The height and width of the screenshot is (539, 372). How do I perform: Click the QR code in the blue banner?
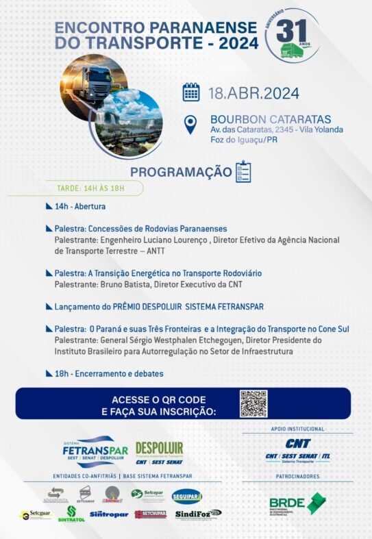(253, 403)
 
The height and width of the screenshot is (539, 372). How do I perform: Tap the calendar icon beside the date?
(191, 92)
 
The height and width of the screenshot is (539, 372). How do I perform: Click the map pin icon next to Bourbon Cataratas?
(190, 125)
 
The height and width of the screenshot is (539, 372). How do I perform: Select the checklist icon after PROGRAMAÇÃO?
(243, 171)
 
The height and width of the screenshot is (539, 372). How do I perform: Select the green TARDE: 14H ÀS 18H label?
(91, 188)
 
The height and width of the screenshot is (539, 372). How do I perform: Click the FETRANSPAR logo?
(95, 451)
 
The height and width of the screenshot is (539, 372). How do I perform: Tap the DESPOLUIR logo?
(159, 451)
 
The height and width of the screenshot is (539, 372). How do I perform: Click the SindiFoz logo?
(197, 514)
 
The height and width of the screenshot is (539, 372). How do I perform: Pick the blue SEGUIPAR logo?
(186, 497)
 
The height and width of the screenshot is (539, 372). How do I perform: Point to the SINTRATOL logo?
(71, 514)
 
